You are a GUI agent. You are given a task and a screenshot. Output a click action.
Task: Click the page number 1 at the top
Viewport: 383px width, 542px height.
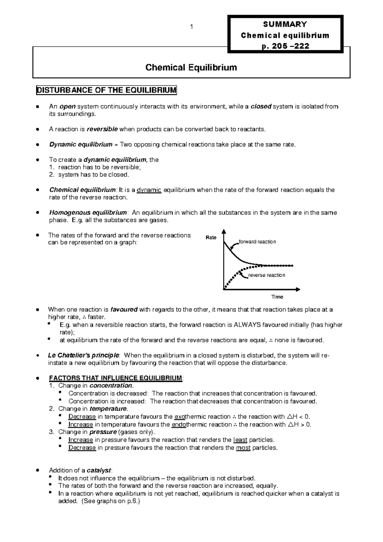pos(191,27)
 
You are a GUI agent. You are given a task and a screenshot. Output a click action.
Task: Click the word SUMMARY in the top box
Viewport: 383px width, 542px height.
pos(285,24)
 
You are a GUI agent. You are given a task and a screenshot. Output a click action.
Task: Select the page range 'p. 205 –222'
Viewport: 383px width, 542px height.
pos(285,46)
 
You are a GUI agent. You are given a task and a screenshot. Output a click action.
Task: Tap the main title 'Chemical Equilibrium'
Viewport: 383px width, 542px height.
pos(191,67)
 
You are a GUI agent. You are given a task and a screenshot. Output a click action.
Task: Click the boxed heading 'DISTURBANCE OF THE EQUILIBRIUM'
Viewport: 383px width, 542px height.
pos(106,90)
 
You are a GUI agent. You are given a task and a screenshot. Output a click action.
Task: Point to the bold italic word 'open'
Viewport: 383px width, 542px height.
pos(68,106)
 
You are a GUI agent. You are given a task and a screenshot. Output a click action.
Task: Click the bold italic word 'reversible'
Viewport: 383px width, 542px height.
pos(102,129)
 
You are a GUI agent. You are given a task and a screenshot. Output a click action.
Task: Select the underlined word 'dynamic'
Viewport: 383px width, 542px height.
pos(149,190)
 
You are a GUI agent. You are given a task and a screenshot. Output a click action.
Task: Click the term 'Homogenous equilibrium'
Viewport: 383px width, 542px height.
pos(88,213)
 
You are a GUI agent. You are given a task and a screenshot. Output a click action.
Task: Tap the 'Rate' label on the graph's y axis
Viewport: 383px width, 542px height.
pos(211,238)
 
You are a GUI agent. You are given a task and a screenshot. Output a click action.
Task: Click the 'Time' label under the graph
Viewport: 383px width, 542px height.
pos(277,297)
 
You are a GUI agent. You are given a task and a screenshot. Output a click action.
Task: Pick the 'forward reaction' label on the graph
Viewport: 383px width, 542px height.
pos(257,242)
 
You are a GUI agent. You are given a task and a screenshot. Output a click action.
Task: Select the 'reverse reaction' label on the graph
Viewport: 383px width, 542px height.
pos(267,275)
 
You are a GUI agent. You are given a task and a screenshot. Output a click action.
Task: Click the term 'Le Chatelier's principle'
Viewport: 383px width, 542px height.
pos(84,355)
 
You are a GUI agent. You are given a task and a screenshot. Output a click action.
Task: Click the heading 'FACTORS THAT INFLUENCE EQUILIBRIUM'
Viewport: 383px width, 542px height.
pos(116,378)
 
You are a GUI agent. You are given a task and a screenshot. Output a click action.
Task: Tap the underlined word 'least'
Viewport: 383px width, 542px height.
pos(240,440)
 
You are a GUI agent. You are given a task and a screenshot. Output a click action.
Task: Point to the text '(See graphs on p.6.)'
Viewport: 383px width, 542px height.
pos(111,501)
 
